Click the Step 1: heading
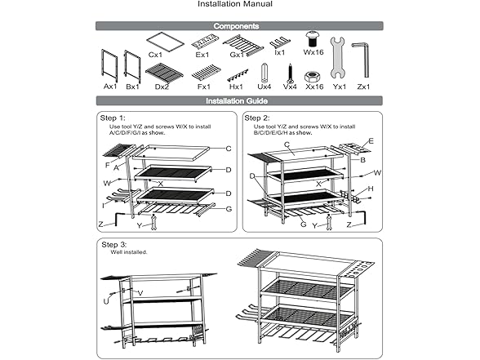point(113,118)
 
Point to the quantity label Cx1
point(155,55)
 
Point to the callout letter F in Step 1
point(107,164)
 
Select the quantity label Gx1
point(237,55)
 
